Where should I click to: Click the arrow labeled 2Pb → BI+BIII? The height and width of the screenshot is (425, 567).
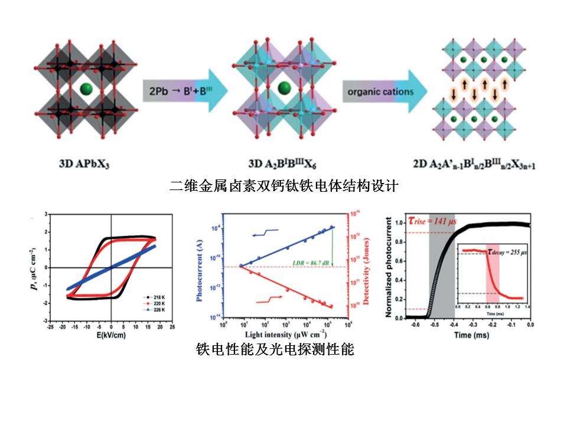(177, 92)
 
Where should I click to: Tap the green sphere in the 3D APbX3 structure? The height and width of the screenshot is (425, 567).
(86, 89)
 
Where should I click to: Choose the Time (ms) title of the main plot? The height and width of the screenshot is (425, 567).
(470, 335)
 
